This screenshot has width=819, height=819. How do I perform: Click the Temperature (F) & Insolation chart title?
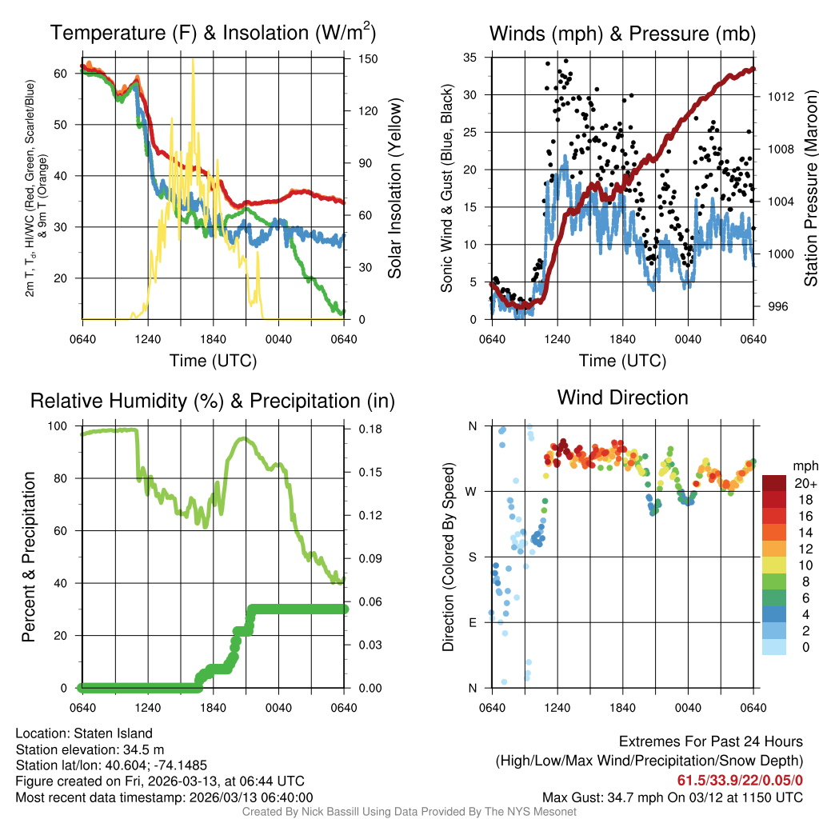[x=213, y=33]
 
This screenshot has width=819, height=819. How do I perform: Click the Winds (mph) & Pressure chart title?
[x=622, y=33]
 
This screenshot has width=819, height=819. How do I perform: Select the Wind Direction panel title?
[x=622, y=398]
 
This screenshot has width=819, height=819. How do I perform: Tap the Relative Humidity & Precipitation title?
[x=213, y=401]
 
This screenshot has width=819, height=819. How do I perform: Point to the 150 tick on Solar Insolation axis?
[x=358, y=58]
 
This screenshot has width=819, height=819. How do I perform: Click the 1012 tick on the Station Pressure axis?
[x=778, y=97]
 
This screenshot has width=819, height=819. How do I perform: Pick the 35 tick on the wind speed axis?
[x=470, y=58]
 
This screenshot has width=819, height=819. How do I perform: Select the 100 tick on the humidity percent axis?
[x=60, y=426]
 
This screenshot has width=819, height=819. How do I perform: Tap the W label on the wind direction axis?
[x=472, y=492]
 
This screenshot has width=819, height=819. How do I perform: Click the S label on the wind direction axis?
[x=472, y=557]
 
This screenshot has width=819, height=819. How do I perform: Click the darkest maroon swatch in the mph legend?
[x=774, y=483]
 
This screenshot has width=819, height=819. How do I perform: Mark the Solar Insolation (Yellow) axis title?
[x=394, y=188]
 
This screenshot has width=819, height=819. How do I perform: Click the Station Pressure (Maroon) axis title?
[x=810, y=188]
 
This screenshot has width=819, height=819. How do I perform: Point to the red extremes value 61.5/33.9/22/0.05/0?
[x=740, y=780]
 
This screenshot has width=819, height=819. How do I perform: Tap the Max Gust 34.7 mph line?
[x=672, y=797]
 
